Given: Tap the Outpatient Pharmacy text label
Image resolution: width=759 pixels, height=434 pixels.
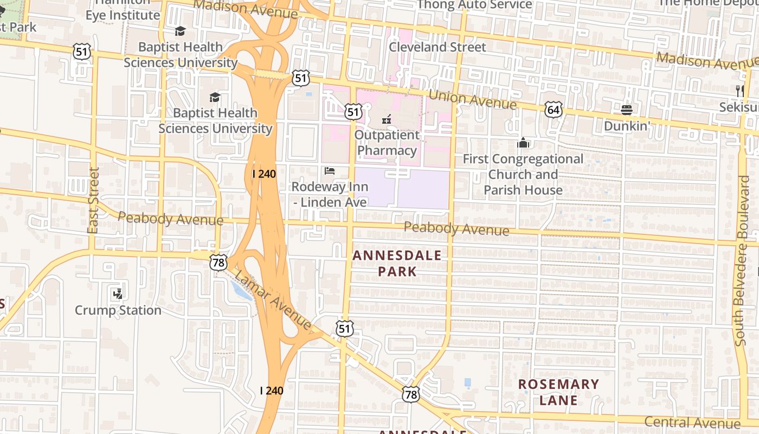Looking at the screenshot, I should click(x=387, y=143).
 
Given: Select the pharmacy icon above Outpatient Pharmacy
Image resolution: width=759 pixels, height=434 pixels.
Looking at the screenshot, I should click(x=387, y=119).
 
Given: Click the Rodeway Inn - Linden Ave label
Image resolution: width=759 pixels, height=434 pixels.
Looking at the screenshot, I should click(x=330, y=194).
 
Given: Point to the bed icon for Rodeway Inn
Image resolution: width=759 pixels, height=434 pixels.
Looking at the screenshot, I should click(x=330, y=171).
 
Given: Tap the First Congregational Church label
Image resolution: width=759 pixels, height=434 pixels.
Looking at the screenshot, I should click(x=523, y=175).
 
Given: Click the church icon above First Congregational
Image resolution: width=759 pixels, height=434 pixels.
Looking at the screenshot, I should click(x=523, y=143).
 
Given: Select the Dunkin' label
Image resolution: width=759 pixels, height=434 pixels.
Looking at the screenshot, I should click(x=627, y=126).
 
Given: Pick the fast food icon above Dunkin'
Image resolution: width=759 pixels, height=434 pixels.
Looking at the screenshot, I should click(x=627, y=110).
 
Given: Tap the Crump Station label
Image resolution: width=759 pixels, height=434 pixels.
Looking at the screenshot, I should click(x=118, y=310).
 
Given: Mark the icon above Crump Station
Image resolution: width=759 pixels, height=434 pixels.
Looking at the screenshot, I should click(x=118, y=294).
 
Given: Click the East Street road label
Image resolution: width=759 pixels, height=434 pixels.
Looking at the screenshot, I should click(x=93, y=201).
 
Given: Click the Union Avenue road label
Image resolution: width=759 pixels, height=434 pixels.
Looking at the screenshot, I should click(x=472, y=99).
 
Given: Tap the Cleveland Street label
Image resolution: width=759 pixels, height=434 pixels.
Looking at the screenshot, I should click(x=438, y=47).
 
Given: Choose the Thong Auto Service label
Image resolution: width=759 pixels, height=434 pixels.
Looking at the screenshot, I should click(x=474, y=5).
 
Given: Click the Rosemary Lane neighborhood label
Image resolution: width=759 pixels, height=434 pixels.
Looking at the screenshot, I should click(x=558, y=392).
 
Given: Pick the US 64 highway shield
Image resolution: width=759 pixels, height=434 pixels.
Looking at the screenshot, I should click(x=554, y=110).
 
